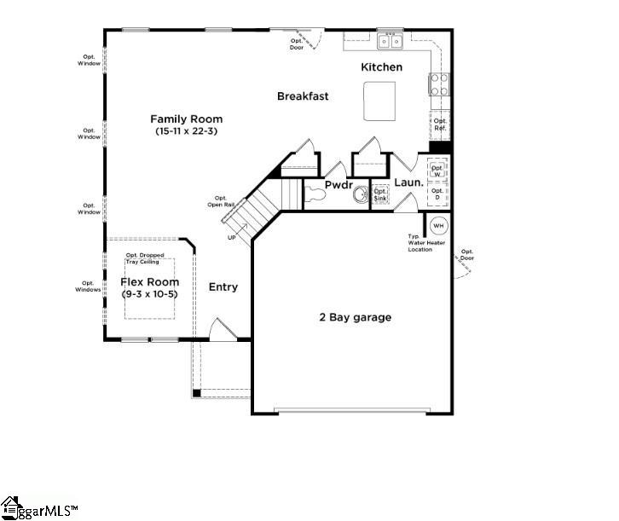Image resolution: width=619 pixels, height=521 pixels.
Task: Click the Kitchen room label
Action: tap(381, 67)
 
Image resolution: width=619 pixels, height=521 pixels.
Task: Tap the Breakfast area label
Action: tap(303, 96)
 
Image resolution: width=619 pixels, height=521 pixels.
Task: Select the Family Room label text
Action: tap(187, 119)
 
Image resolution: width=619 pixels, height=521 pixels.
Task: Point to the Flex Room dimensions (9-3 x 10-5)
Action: tap(151, 294)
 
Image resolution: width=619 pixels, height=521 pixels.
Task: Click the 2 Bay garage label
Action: tap(355, 317)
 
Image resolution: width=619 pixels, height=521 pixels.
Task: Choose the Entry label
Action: tap(223, 287)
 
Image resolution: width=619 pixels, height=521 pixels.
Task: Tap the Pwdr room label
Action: tap(338, 184)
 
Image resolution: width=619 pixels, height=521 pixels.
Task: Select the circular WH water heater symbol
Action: tap(438, 226)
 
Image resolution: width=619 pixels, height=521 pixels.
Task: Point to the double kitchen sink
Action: tap(390, 41)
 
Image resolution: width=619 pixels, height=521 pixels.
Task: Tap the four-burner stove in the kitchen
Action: tap(439, 84)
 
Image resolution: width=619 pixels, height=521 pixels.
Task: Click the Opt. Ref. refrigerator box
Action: tap(439, 124)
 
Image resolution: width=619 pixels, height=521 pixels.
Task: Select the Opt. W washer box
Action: tap(437, 171)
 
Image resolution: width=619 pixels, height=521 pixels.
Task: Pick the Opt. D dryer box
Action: tap(437, 194)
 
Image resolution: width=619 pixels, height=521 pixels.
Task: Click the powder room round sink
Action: tap(361, 195)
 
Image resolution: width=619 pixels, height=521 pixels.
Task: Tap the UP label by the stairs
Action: tap(232, 237)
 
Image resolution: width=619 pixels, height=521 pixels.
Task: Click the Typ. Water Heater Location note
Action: tap(425, 243)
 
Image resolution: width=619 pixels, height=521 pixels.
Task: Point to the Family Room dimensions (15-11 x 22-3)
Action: tap(187, 132)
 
